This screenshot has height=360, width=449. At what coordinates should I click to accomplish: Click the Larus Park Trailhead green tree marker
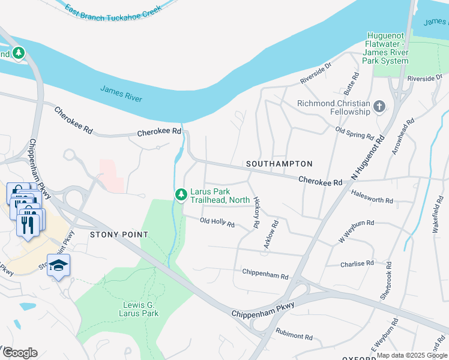181,195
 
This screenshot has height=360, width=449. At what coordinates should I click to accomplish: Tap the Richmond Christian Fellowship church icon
379,107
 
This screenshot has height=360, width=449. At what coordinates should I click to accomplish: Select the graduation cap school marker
58,265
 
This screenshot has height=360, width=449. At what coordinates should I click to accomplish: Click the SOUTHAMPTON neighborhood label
279,164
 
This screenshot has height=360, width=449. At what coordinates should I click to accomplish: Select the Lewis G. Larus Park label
137,309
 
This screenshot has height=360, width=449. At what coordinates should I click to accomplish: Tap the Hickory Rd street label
256,212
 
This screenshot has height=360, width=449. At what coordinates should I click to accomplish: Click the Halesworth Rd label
372,200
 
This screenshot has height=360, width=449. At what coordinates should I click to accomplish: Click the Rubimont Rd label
294,334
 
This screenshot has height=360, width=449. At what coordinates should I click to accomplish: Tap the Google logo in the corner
20,353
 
